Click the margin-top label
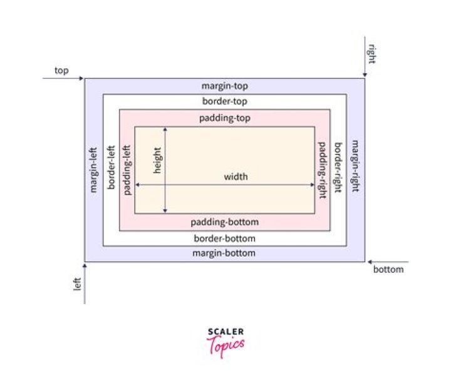(x=225, y=86)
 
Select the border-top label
(x=225, y=101)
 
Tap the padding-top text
(x=225, y=118)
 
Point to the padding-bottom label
(x=225, y=222)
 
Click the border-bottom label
(x=225, y=238)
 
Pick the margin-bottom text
(x=224, y=253)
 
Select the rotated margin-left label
(x=93, y=170)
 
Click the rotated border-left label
(x=111, y=168)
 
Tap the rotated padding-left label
(x=127, y=170)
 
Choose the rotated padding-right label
(x=322, y=170)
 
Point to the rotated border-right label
(x=338, y=168)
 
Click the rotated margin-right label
(x=356, y=166)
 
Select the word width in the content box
(x=236, y=176)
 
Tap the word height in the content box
(x=157, y=160)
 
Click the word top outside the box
(x=61, y=71)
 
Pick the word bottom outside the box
(x=388, y=270)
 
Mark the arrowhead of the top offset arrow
(x=81, y=78)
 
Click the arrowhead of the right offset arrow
(x=365, y=75)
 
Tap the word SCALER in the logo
(x=225, y=332)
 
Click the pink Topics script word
(x=225, y=346)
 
